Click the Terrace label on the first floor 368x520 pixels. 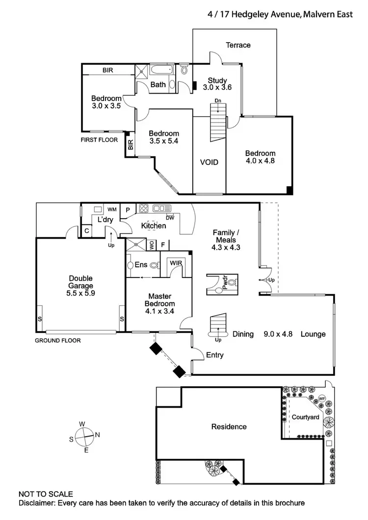point(238,45)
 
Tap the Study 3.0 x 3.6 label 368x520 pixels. point(217,84)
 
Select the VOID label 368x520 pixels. point(209,162)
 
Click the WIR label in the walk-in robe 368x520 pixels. point(176,264)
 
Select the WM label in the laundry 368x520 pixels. point(112,209)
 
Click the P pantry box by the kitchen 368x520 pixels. point(128,209)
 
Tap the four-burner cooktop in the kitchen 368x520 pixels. point(144,208)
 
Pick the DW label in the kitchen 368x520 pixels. point(170,217)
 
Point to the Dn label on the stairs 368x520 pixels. point(218,101)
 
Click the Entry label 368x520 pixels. point(215,355)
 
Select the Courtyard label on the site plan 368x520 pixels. point(306,417)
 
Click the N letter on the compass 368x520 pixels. point(97,434)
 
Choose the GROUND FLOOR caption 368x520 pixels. point(58,340)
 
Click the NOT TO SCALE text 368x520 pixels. point(46,494)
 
